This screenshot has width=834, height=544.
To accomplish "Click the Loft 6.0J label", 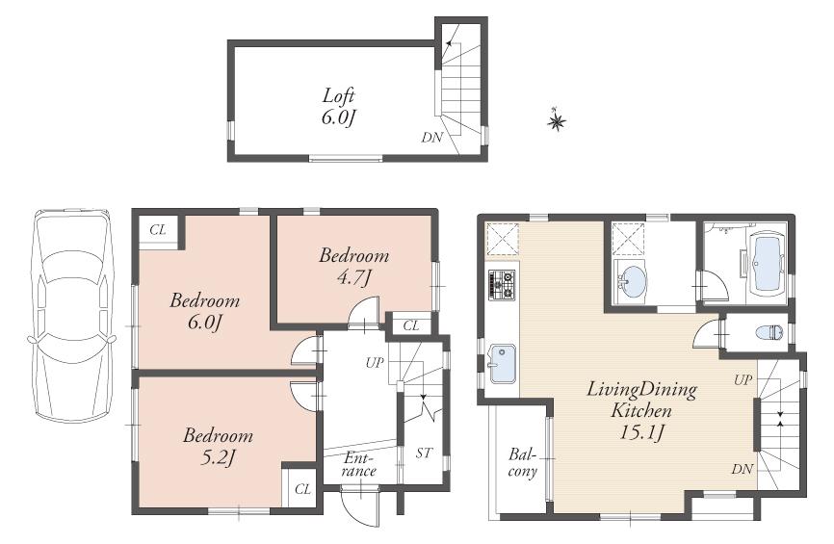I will [339, 106].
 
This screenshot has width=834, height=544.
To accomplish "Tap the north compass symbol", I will [557, 120].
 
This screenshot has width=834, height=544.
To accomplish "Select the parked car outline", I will [70, 315].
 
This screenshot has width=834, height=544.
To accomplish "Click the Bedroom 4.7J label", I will [354, 266].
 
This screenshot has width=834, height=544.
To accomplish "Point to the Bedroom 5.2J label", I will [218, 446].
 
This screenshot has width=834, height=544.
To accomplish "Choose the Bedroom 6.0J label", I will [204, 311].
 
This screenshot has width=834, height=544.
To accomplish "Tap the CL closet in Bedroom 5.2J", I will [302, 489].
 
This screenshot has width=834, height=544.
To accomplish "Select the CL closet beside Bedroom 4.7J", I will [411, 326].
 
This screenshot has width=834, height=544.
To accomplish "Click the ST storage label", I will [424, 453].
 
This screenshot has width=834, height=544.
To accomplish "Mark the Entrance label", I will [359, 465].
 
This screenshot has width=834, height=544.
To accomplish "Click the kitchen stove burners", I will [504, 282].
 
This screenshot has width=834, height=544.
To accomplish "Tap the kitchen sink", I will [501, 364].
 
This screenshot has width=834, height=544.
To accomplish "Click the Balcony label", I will [523, 462].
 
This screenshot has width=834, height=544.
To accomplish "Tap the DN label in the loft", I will [431, 138].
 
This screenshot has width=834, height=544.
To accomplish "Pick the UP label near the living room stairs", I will [743, 380].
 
